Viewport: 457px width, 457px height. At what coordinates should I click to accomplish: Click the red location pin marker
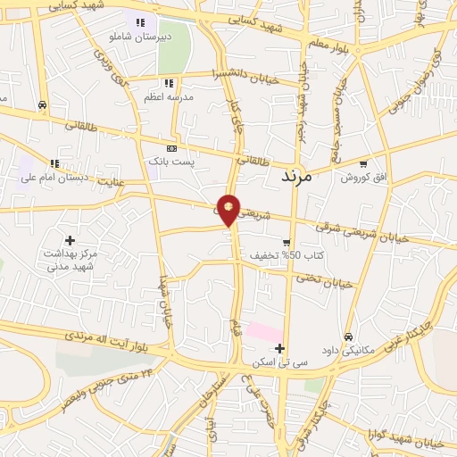click(x=229, y=209)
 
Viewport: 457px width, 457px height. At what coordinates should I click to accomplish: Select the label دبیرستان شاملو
click(x=139, y=38)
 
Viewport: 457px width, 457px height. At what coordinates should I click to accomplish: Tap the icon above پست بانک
click(x=172, y=149)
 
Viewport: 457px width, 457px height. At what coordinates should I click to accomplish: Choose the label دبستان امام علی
click(x=55, y=179)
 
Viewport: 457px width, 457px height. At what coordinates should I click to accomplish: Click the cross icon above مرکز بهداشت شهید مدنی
click(x=70, y=240)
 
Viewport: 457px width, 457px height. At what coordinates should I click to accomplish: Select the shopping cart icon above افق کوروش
click(x=362, y=163)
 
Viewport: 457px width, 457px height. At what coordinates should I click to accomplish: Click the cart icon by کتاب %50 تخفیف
click(x=286, y=242)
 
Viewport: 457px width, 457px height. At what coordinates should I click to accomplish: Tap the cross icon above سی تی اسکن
click(x=280, y=348)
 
